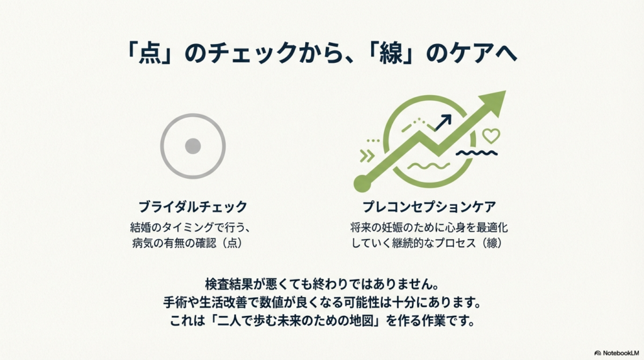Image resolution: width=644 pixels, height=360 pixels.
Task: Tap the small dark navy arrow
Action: pyautogui.click(x=445, y=121)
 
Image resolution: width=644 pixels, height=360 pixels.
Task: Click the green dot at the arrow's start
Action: pyautogui.click(x=362, y=183)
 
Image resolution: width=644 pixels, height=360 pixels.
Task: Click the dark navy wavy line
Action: pyautogui.click(x=476, y=152)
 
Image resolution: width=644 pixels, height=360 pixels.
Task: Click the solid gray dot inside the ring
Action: pyautogui.click(x=193, y=147)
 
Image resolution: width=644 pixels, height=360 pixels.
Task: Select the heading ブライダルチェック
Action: pyautogui.click(x=192, y=207)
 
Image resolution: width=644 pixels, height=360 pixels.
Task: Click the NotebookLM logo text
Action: pyautogui.click(x=619, y=354)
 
